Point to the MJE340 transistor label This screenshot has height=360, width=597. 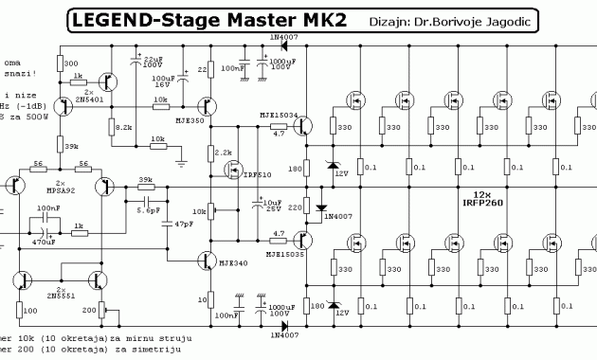click(x=223, y=263)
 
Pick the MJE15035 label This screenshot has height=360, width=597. click(x=284, y=254)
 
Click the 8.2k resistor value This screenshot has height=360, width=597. click(x=123, y=126)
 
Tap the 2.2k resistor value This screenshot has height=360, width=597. click(x=224, y=153)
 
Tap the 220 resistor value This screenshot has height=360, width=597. click(x=293, y=207)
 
